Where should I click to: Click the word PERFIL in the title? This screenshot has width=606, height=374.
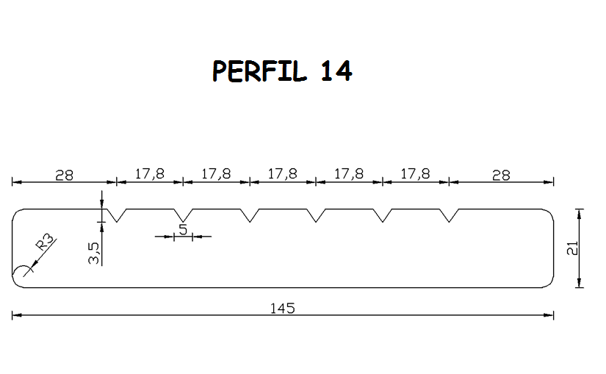259,71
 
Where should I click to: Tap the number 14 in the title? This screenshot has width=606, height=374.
336,71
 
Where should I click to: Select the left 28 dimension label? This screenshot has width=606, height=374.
64,176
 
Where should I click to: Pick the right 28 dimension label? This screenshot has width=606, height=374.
501,176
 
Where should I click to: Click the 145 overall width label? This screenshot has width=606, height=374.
283,309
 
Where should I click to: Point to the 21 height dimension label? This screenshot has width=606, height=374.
572,248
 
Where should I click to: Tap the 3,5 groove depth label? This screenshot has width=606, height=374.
93,253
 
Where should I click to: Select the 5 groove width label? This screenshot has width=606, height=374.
183,230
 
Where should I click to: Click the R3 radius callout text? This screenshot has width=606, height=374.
46,242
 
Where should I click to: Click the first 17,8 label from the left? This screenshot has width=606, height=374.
150,174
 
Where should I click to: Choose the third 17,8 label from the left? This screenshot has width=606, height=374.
283,174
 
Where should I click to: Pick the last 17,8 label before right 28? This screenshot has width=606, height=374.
415,174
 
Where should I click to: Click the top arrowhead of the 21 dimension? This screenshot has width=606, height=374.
579,213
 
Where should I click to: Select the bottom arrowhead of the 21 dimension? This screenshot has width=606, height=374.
579,283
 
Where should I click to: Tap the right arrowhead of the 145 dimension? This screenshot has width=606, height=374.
549,315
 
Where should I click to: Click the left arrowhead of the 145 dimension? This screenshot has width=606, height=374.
17,315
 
